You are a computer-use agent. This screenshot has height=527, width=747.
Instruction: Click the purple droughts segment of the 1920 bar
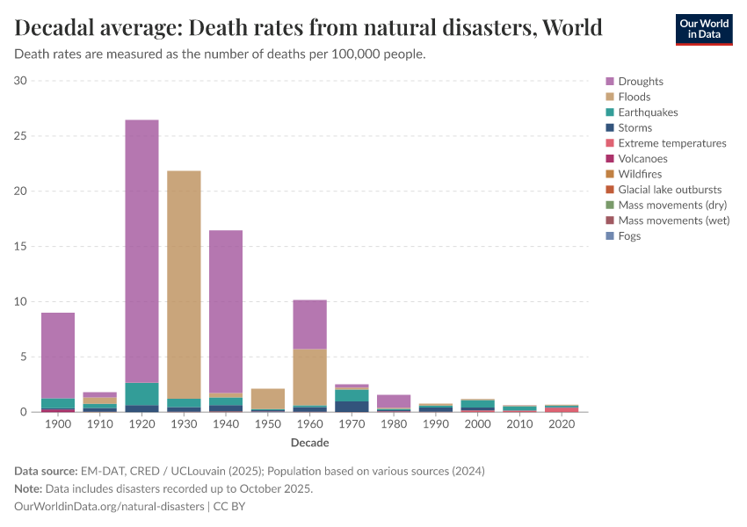(141, 250)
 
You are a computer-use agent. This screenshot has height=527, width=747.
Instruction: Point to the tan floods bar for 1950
(267, 399)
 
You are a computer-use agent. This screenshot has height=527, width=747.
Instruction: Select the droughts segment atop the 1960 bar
(309, 324)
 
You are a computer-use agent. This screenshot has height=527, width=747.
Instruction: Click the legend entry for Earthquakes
(648, 112)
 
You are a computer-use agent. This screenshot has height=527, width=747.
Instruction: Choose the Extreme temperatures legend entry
(671, 143)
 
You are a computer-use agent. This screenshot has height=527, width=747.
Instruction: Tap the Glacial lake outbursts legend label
(670, 190)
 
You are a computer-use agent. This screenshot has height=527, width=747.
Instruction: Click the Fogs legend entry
(629, 236)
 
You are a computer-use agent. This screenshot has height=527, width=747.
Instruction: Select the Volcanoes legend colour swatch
(609, 159)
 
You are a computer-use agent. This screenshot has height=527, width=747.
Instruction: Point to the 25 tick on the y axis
(22, 136)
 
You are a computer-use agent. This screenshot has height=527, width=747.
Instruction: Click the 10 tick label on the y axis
(22, 301)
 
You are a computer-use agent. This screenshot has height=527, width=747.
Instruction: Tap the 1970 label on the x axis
(352, 424)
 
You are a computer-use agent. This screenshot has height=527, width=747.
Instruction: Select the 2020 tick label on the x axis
(562, 424)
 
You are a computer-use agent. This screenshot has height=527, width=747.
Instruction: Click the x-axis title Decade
(309, 443)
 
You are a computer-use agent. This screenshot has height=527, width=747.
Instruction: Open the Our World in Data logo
(703, 29)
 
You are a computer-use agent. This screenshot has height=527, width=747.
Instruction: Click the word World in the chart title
(572, 27)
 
